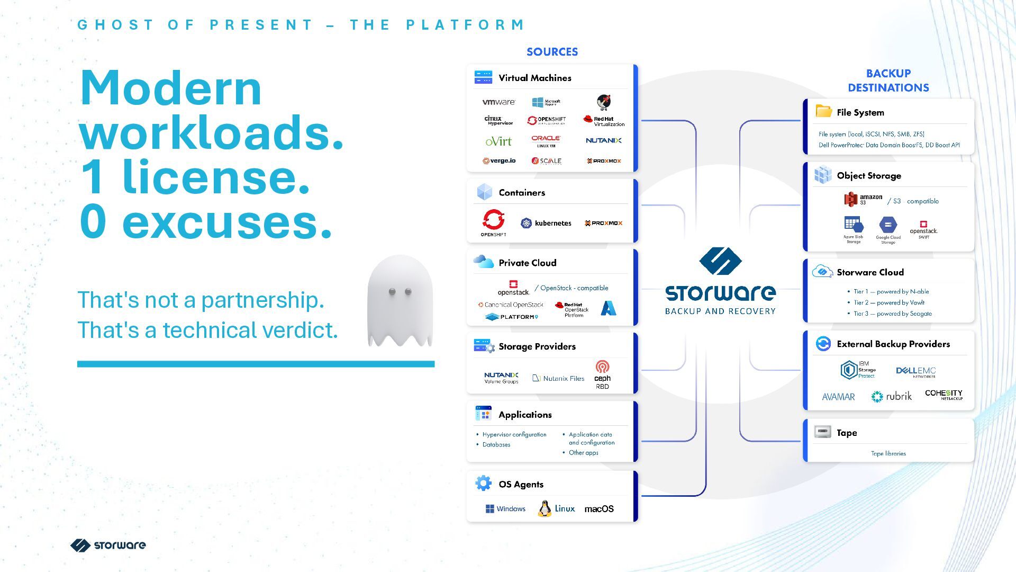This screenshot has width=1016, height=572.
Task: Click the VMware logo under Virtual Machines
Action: [x=498, y=102]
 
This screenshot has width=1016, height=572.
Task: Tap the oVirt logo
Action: [x=498, y=141]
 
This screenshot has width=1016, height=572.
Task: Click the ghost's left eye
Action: [x=392, y=291]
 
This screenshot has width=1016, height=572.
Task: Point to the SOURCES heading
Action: [x=552, y=52]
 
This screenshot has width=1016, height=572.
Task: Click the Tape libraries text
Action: [x=888, y=453]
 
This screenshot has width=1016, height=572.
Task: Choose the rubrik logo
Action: [x=892, y=396]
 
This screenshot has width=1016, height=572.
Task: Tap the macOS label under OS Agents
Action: [x=599, y=509]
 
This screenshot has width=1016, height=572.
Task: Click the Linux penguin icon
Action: [x=544, y=509]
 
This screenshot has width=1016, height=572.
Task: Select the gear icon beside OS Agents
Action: [x=483, y=484]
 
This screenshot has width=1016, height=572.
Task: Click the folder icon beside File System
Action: [x=823, y=111]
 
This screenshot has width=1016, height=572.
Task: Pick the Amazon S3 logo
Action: [x=863, y=200]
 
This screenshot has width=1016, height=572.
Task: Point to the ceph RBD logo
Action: [x=602, y=374]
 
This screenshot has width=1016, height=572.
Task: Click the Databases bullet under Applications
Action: [x=496, y=445]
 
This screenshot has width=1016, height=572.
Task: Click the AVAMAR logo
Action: [x=838, y=397]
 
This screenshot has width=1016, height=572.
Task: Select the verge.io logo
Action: [x=499, y=161]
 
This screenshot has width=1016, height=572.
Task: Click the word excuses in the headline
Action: [x=227, y=222]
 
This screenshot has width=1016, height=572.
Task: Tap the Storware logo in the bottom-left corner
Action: [x=108, y=545]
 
